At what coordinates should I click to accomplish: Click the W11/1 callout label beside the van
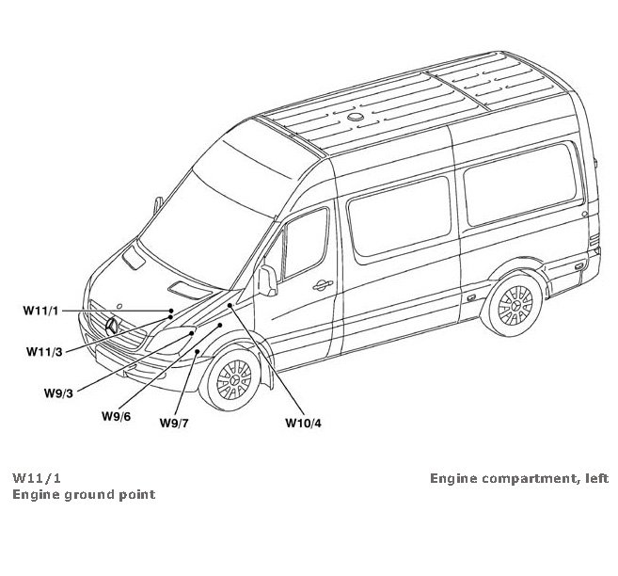41,310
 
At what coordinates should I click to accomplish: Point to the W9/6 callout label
117,414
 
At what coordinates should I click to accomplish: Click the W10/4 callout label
303,422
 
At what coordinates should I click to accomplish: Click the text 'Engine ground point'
83,494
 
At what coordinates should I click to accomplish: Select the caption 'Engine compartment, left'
519,477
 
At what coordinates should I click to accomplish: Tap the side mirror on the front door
268,280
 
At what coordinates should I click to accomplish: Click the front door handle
322,283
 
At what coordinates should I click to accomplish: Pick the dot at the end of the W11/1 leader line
171,310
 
